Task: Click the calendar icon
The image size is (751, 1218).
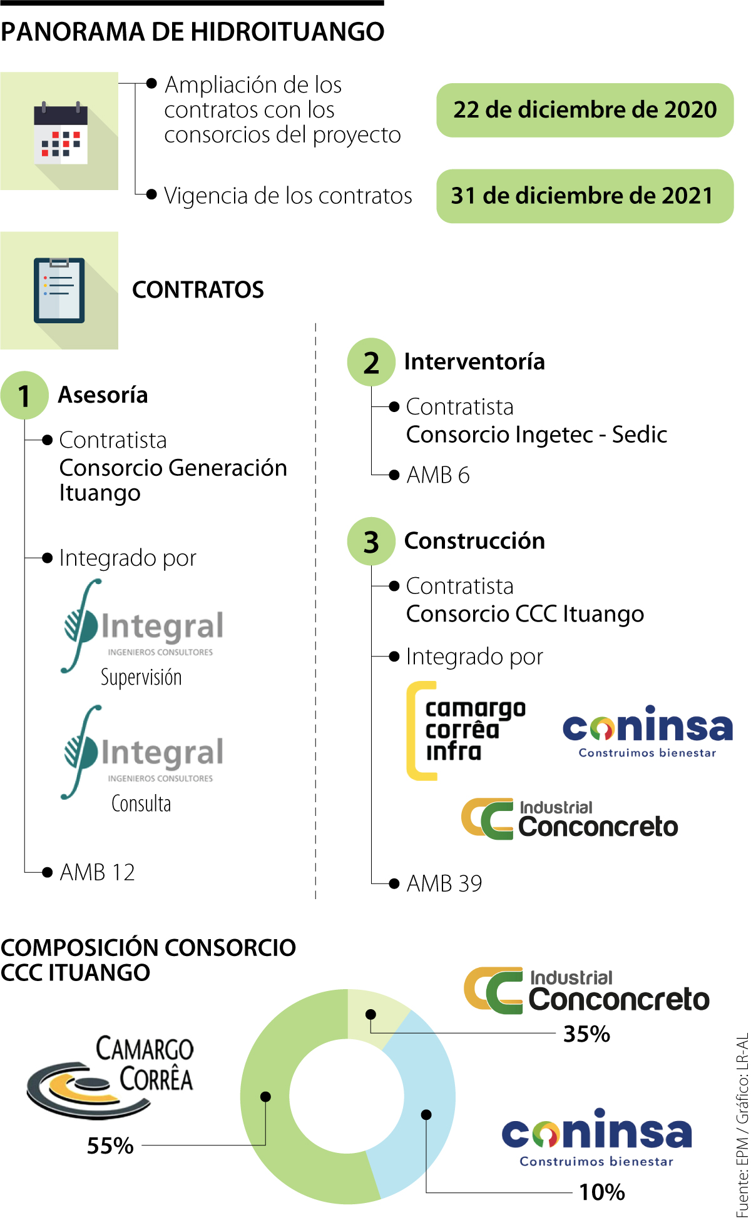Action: coord(60,132)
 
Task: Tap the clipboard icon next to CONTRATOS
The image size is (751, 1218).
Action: coord(59,290)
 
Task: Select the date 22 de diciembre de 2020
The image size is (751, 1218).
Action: coord(585,110)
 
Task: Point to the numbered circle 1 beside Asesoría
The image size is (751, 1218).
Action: coord(24,395)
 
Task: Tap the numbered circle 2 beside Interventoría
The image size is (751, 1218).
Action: coord(371,362)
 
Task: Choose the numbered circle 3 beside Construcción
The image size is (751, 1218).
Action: coord(371,541)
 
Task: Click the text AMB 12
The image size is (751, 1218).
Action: coord(98,872)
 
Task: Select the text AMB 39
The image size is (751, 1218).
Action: coord(444,883)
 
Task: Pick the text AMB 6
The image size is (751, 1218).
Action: coord(438,475)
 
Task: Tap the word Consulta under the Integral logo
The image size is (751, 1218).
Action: coord(141,803)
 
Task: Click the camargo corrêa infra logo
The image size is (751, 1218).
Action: coord(466,730)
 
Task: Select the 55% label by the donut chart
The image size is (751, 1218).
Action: coord(110,1145)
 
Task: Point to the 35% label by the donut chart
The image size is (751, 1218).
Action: coord(586,1034)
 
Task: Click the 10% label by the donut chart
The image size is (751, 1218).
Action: coord(602,1192)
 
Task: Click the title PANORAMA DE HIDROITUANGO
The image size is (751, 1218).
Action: coord(193,32)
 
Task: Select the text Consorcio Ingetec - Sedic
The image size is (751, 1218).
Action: coord(536,435)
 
